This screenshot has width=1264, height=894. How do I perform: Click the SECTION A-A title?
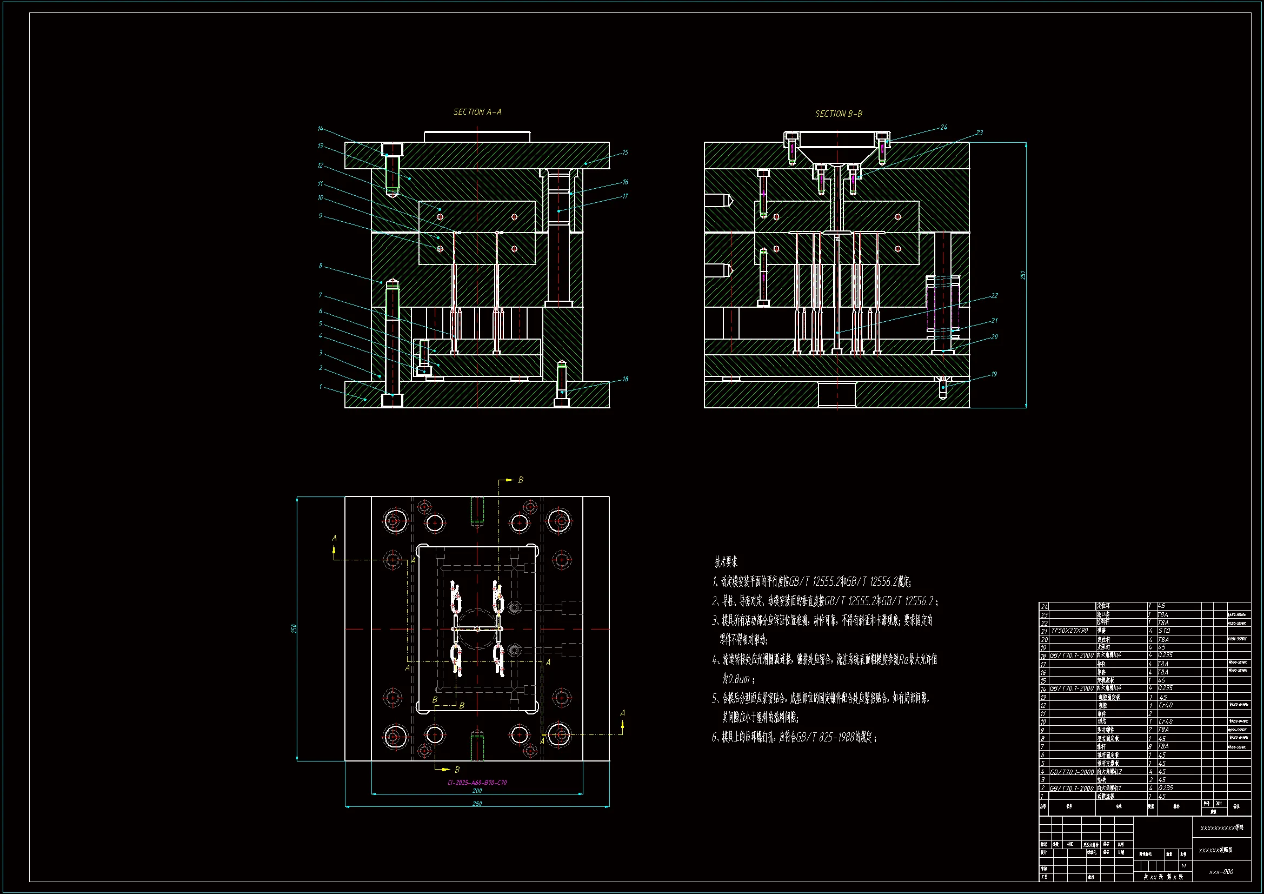click(477, 112)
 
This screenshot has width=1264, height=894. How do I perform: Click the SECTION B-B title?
click(839, 114)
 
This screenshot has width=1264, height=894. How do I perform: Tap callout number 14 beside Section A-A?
click(321, 129)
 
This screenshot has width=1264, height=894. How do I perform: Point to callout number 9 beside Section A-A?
click(321, 216)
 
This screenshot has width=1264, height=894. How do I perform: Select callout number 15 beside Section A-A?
click(625, 153)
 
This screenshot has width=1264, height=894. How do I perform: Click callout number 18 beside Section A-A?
click(625, 379)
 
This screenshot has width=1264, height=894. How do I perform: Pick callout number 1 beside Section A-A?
click(321, 387)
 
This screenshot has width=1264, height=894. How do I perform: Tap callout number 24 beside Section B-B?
click(943, 128)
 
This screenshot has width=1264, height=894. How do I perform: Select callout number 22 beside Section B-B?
click(994, 296)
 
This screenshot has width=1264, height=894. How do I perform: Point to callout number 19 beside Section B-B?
click(994, 375)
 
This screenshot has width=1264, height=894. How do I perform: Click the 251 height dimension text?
click(1022, 274)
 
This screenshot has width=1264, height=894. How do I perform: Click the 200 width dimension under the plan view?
click(477, 791)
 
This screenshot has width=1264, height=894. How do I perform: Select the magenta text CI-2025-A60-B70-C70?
click(477, 782)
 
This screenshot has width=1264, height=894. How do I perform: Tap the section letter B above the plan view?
click(520, 480)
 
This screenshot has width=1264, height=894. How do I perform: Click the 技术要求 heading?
click(726, 562)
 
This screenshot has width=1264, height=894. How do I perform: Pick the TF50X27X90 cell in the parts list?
click(1069, 631)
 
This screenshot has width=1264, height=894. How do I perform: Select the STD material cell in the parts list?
click(1164, 631)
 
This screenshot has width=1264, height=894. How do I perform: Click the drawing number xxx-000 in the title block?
click(1221, 871)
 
